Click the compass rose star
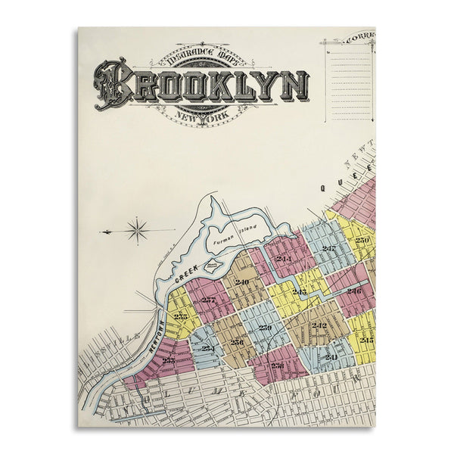click(137, 230)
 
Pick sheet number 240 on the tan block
click(241, 282)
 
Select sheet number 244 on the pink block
click(284, 259)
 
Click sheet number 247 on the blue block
click(328, 248)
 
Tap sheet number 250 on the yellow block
click(362, 240)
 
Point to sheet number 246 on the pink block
click(354, 290)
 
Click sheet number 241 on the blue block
click(331, 356)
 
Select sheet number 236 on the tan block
click(237, 341)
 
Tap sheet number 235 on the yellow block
click(181, 316)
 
